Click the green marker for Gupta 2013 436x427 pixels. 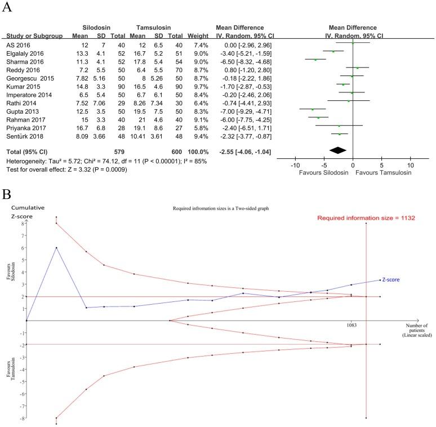coord(312,109)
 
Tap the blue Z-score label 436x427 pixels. coord(391,279)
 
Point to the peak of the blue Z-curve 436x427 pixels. coord(56,247)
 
